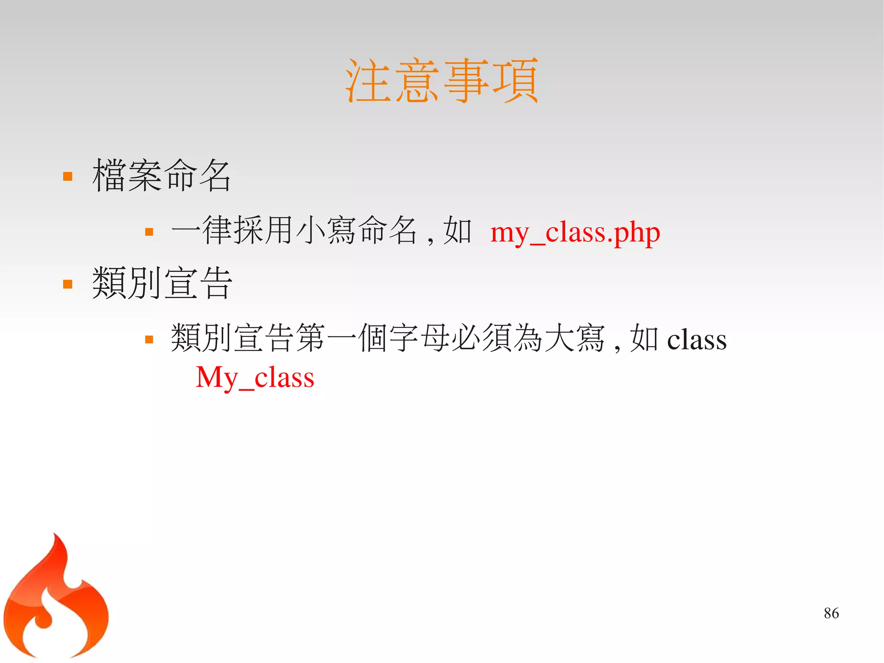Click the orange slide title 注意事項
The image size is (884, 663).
click(442, 81)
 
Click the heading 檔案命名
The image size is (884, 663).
click(161, 175)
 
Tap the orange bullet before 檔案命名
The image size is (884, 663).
click(68, 176)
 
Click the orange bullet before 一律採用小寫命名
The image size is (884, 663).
click(149, 232)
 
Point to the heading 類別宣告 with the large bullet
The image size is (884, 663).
click(162, 283)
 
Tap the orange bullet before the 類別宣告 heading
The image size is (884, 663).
click(68, 284)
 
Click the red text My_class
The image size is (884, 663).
click(255, 377)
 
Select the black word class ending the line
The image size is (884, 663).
click(697, 339)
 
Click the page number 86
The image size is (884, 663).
click(831, 613)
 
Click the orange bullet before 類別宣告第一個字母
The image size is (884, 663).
click(149, 339)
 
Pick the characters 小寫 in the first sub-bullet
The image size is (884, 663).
click(326, 231)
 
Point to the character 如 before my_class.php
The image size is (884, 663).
click(457, 231)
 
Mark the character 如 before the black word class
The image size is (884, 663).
click(644, 339)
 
